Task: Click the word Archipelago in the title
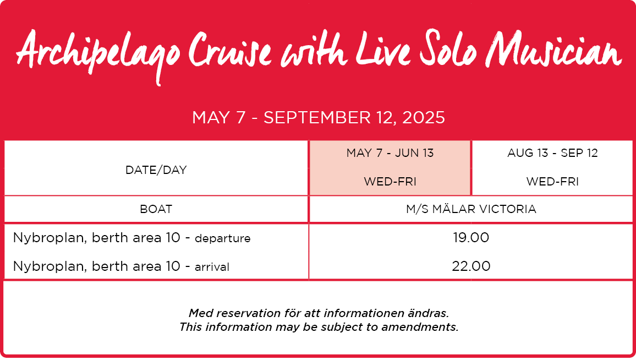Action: pos(98,54)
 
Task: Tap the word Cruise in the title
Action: pos(230,50)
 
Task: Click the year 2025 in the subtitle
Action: pos(424,118)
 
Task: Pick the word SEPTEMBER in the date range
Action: pos(317,118)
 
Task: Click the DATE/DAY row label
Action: pos(156,170)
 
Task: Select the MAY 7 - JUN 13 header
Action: pos(390,153)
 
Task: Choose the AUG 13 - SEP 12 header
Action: pos(552,153)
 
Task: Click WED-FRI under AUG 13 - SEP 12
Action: pos(552,182)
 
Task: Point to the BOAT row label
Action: pos(156,209)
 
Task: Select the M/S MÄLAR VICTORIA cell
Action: pos(471,209)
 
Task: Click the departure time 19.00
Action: pos(471,237)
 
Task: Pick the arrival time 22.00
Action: pos(471,266)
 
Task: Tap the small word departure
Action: pos(223,239)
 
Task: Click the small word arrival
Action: pos(212,267)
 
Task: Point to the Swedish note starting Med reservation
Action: pos(319,313)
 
